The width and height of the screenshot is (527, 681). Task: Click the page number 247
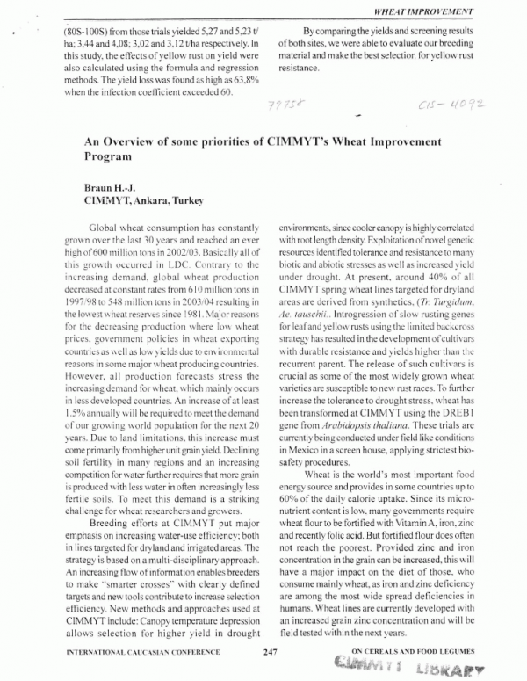(270, 651)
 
